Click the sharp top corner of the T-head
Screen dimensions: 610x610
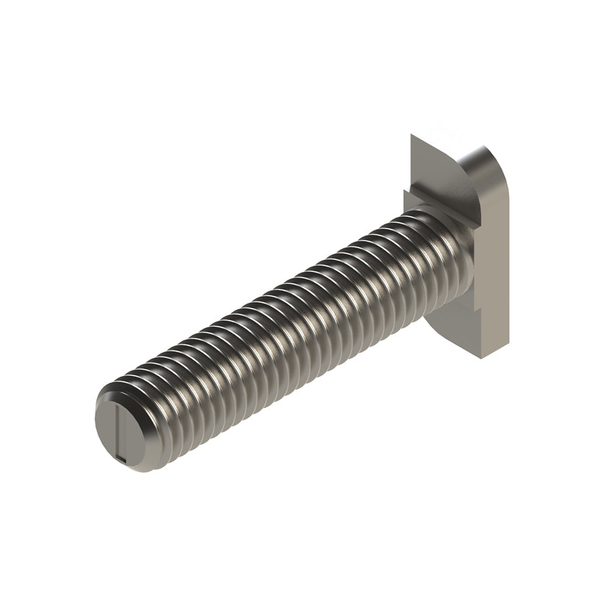[411, 135]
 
